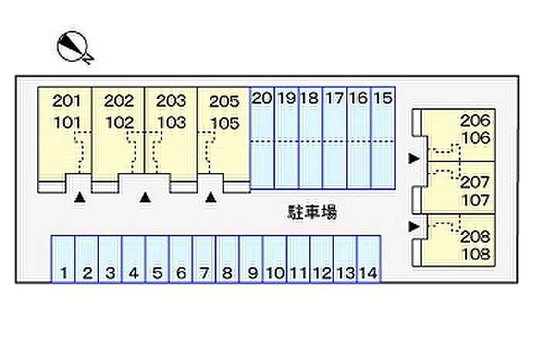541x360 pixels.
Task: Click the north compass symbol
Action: [74, 47]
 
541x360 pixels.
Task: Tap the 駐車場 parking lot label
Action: [308, 213]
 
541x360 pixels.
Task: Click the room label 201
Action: [66, 100]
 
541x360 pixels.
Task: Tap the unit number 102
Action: [119, 122]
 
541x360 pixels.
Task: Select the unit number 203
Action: [171, 100]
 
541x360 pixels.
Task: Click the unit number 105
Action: [223, 122]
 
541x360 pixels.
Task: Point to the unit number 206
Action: [475, 120]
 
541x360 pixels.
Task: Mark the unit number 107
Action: [475, 200]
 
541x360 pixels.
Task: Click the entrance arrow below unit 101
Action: [79, 199]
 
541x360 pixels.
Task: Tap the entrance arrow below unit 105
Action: [211, 199]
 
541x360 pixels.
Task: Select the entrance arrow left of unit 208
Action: [414, 226]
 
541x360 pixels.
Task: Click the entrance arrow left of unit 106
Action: [414, 158]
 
